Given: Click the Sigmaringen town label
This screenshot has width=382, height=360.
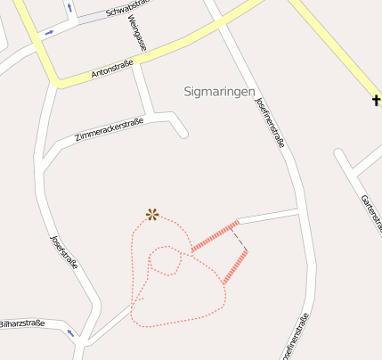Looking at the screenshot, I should (x=219, y=92).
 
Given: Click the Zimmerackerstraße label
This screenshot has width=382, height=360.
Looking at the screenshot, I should (x=110, y=127).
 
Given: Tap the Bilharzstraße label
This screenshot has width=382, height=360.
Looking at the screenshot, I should (x=21, y=323).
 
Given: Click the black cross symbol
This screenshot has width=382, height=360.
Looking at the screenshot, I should (x=377, y=98).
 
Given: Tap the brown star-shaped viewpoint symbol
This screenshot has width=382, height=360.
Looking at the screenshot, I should (x=152, y=214).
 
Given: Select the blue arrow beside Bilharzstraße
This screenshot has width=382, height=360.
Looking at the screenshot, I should (x=69, y=333).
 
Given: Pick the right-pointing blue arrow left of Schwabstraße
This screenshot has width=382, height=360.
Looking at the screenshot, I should (x=49, y=32).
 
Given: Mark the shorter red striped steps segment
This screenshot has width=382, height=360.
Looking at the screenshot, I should (x=234, y=266).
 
